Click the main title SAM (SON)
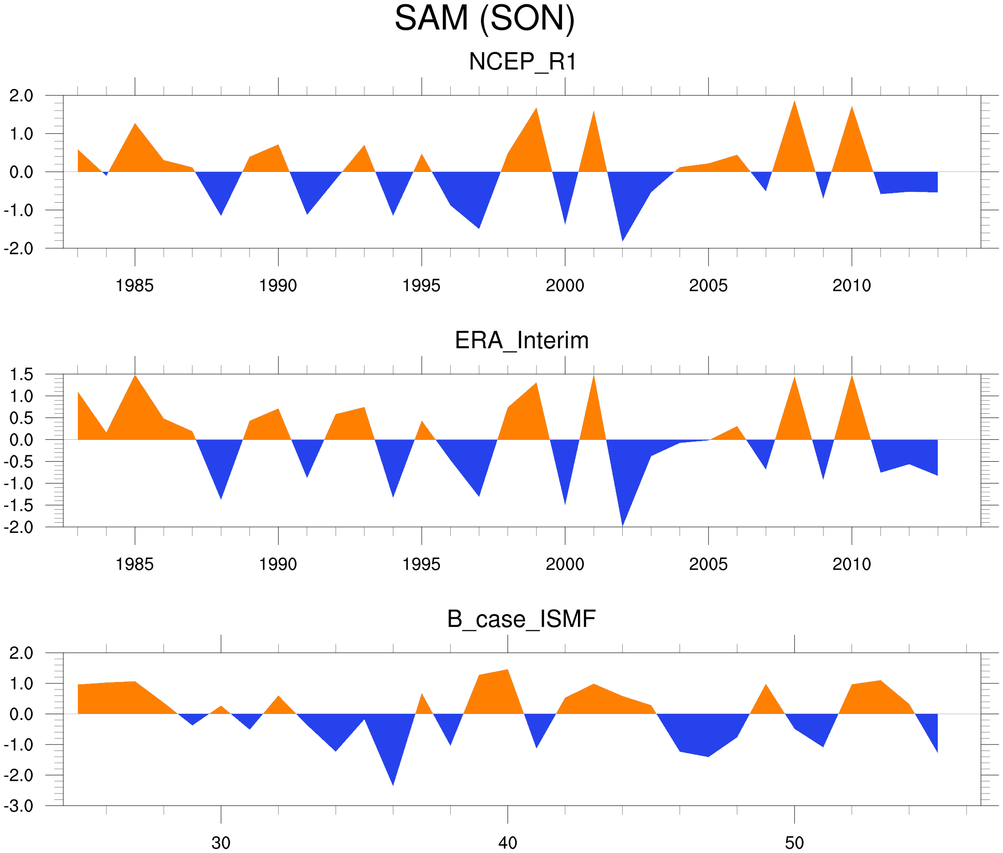coord(484,19)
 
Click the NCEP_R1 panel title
coord(522,62)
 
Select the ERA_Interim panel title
coord(521,341)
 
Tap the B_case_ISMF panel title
coord(521,620)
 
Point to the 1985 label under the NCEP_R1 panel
coord(135,286)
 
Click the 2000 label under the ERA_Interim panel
coord(564,564)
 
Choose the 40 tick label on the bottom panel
coord(508,843)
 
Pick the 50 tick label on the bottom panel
coord(794,843)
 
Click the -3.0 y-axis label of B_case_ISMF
coord(18,806)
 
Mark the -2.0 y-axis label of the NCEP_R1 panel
coord(18,249)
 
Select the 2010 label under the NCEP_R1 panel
coord(851,286)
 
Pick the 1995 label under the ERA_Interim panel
coord(421,564)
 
